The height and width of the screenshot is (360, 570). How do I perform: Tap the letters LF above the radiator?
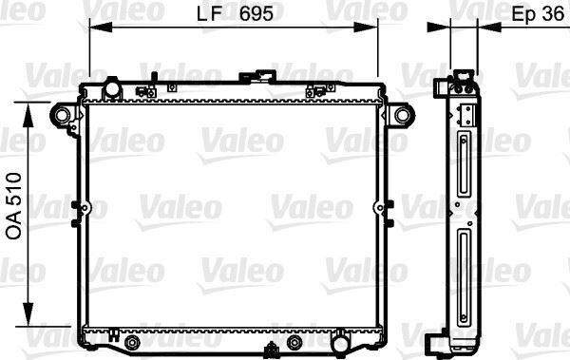pos(217,14)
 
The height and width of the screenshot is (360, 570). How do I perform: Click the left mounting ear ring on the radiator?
pos(62,115)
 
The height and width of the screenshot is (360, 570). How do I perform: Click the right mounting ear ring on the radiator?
pos(404,115)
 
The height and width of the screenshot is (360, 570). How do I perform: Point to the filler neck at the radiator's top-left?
pos(112,89)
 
